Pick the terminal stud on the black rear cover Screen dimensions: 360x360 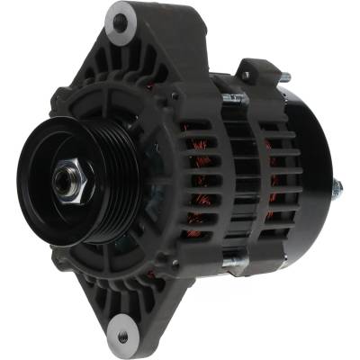pyautogui.click(x=337, y=188)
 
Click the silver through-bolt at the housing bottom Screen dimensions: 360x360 pyautogui.click(x=231, y=263)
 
